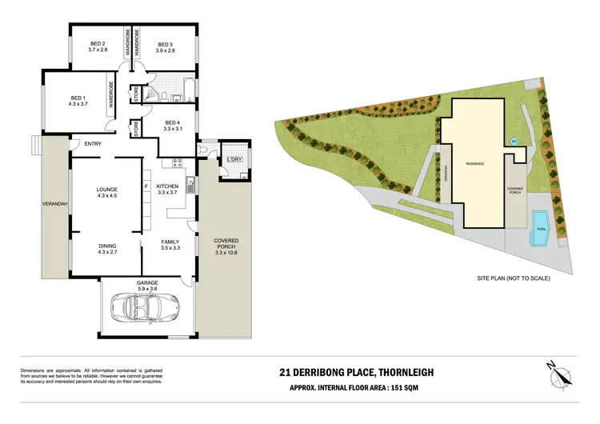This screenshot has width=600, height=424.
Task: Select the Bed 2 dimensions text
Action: [98, 50]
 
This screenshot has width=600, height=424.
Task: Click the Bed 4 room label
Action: [174, 123]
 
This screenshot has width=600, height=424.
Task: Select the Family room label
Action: [169, 242]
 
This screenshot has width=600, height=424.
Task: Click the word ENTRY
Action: [82, 144]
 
